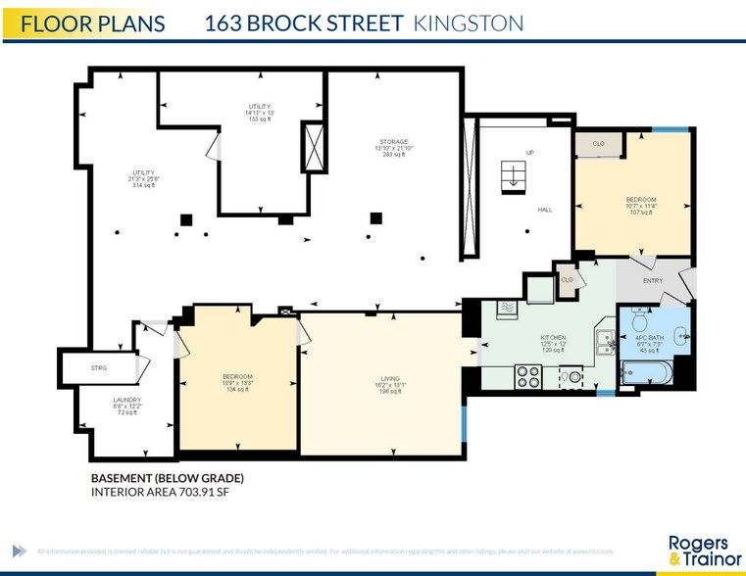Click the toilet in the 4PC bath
tap(638, 320)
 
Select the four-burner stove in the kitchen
tap(528, 376)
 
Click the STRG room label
tap(98, 367)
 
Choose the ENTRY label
tap(653, 281)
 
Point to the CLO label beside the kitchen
tap(567, 280)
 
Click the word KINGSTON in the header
tap(469, 24)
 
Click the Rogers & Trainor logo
tap(698, 551)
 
